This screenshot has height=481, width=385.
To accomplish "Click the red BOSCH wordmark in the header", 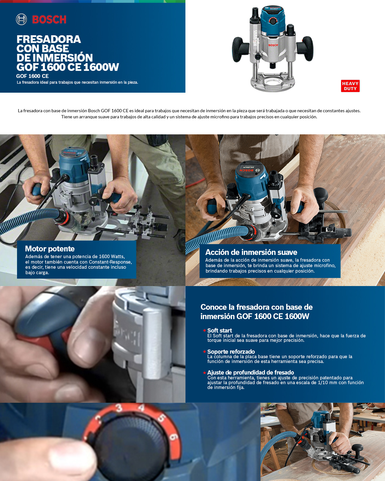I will point(49,20).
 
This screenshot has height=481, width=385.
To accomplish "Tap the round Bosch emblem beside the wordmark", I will point(21,20).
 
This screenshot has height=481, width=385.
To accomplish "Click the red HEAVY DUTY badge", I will point(350,86).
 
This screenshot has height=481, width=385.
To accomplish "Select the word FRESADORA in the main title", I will point(49,39).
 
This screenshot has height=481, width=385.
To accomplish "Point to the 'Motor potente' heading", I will point(50,249).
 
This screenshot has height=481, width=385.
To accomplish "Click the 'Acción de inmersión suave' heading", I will point(251,252).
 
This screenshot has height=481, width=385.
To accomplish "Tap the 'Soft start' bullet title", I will point(219,330).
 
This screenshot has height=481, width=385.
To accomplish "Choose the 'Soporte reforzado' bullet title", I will point(231,351).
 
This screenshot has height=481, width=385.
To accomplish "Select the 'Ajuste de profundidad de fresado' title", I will point(251,372).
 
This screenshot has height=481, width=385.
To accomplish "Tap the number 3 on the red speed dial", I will point(119,408).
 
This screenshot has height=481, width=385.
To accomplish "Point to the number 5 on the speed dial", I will point(161,418).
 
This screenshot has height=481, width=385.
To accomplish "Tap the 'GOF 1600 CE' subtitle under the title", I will point(32,76).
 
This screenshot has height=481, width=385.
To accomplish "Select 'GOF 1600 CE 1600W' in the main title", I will point(68,67).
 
